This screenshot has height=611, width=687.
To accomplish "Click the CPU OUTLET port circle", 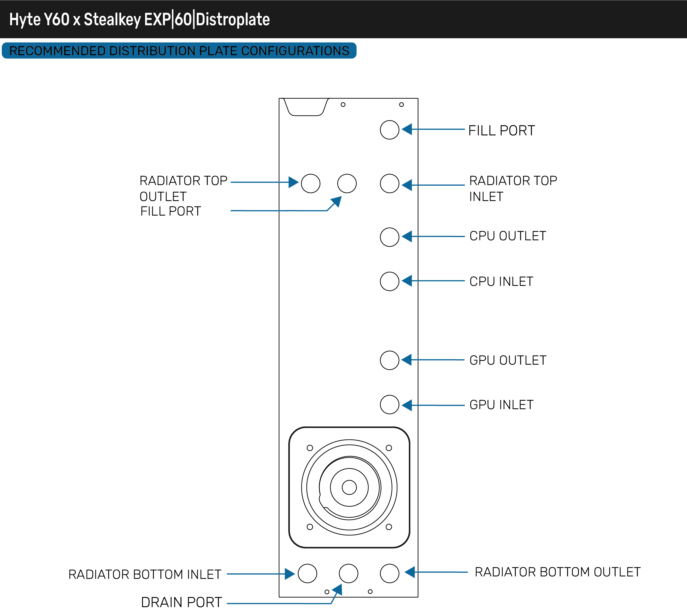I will click(x=390, y=237).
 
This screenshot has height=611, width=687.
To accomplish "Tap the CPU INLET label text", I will click(x=501, y=281).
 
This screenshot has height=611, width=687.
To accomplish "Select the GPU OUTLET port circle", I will click(x=390, y=360).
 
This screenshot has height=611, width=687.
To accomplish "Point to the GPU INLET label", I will click(x=501, y=405).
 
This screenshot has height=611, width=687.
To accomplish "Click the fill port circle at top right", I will click(x=390, y=130).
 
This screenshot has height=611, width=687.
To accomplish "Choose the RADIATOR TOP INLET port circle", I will click(x=390, y=183).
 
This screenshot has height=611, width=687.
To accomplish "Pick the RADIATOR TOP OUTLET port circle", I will click(x=311, y=183).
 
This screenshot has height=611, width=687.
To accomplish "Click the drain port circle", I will click(x=348, y=573).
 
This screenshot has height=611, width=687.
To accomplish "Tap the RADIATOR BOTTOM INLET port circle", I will click(x=308, y=573).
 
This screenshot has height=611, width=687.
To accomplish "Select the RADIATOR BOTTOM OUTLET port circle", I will click(x=390, y=573).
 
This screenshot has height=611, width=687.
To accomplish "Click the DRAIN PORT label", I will click(x=181, y=602).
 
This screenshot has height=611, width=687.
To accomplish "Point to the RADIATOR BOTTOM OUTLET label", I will click(x=557, y=572).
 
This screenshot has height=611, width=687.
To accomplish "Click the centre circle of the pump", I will click(x=349, y=487).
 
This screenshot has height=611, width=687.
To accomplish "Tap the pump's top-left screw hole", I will click(x=310, y=448).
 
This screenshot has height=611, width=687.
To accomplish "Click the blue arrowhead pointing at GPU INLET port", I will click(x=407, y=405).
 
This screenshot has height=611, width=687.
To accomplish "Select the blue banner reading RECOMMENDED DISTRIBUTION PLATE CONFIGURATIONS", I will click(x=179, y=51).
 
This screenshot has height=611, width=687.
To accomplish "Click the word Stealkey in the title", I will click(x=112, y=19).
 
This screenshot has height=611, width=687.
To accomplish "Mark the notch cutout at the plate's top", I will click(x=306, y=107).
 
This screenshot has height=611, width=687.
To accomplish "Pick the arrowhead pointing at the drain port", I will click(x=338, y=590).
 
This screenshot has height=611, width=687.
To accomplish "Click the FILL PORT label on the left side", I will click(x=170, y=211).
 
